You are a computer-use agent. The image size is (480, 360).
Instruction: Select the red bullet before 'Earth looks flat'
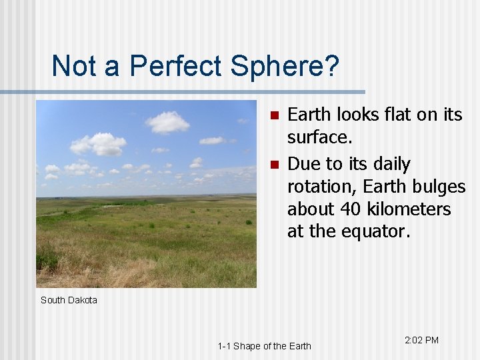(x=273, y=116)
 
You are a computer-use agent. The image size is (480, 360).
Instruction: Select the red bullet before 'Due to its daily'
(x=273, y=165)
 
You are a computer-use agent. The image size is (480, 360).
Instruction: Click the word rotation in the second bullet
(x=314, y=186)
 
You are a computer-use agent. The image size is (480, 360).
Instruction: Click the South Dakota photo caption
(x=69, y=300)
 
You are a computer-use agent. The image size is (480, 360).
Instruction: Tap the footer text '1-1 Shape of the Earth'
(x=264, y=345)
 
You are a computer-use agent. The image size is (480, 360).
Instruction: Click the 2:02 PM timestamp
(x=421, y=340)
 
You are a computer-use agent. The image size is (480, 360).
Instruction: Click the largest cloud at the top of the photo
(x=167, y=122)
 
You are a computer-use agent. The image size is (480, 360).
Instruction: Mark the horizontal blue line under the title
(x=183, y=91)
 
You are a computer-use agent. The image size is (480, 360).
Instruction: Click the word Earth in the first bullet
(x=309, y=115)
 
